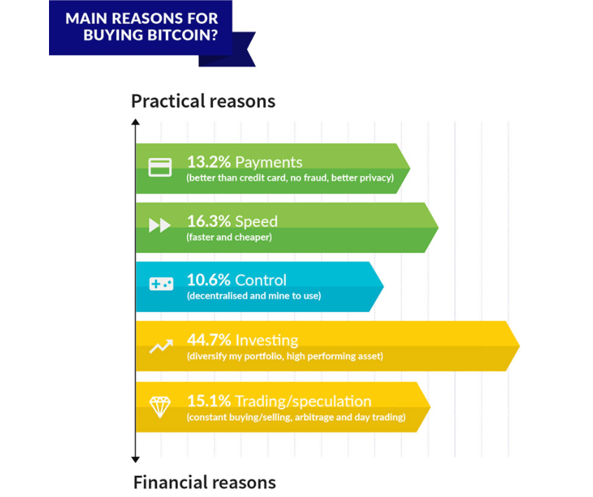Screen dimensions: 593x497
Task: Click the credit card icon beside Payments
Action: (160, 168)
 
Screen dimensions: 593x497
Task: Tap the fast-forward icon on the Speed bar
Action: (160, 226)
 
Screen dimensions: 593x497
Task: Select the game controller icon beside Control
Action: (161, 284)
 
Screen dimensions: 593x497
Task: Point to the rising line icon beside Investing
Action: (161, 346)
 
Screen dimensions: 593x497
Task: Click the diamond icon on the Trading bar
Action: (160, 407)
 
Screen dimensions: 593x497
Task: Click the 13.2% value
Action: (209, 162)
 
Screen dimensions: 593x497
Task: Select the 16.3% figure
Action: (209, 222)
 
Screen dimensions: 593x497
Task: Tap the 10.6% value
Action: (209, 280)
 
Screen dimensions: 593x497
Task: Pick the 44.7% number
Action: (209, 340)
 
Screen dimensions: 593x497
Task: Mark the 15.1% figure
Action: (209, 401)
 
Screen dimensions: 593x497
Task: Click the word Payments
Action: (269, 163)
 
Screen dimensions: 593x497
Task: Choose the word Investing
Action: (267, 341)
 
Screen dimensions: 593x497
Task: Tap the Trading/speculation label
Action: (303, 402)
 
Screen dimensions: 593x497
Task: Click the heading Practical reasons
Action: (203, 102)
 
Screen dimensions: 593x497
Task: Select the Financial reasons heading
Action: (204, 482)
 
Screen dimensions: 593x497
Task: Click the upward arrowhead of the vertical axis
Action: (135, 122)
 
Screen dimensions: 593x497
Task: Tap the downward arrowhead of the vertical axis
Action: (135, 460)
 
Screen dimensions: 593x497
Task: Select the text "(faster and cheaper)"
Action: (229, 238)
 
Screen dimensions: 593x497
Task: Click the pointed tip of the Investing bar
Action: (519, 346)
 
